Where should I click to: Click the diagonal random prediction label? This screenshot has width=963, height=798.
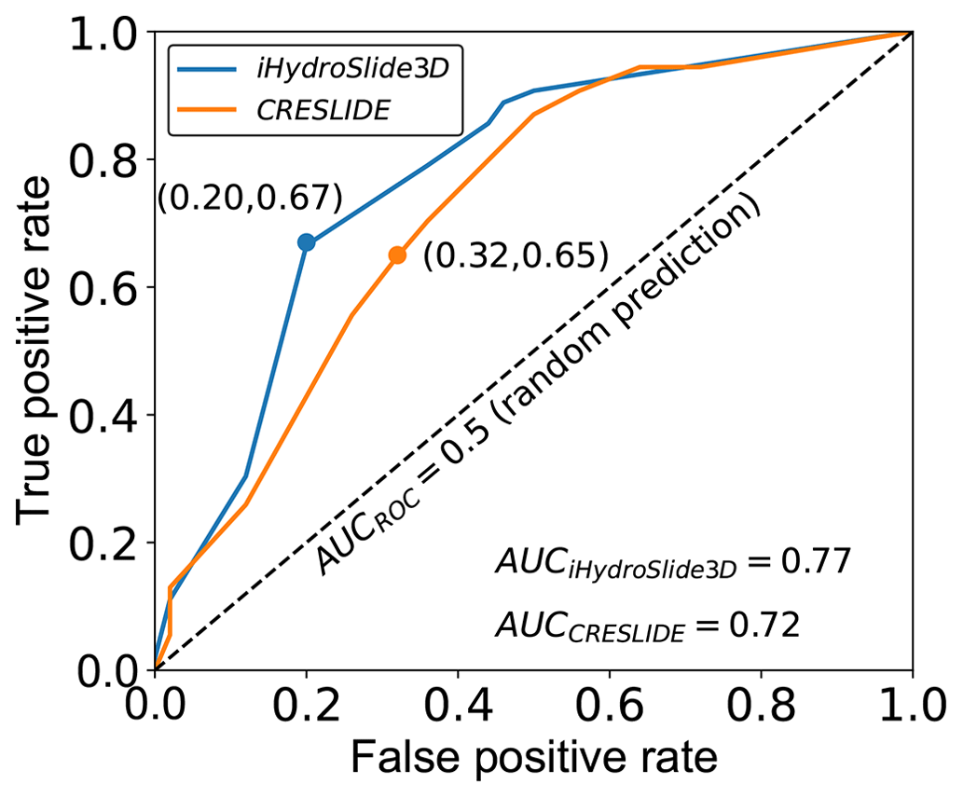tap(541, 389)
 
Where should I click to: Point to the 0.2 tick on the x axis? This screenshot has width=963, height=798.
tap(306, 701)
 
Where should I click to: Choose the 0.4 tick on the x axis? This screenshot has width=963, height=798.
tap(458, 701)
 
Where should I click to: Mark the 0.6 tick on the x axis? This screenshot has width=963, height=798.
tap(610, 701)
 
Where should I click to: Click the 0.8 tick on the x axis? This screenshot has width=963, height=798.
tap(761, 701)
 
